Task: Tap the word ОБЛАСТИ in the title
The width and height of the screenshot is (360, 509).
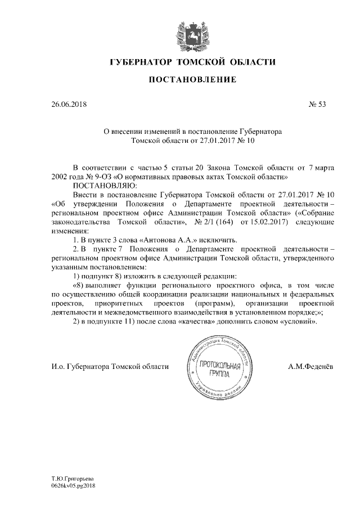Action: point(250,61)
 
